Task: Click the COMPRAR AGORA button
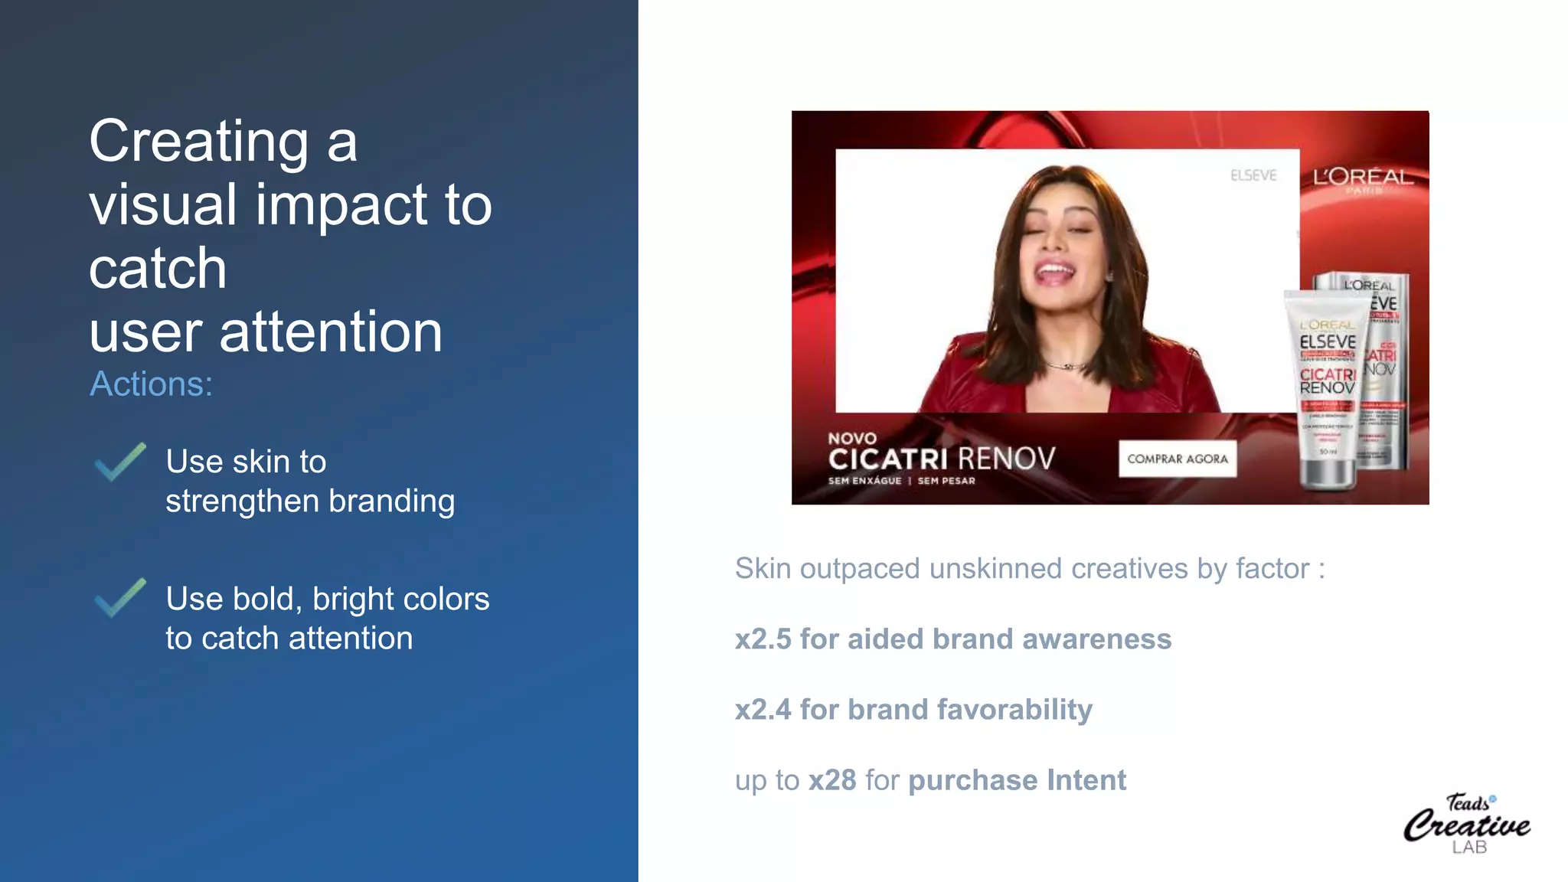click(1177, 459)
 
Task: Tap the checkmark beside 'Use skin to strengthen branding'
click(119, 462)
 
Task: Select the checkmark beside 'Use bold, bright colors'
click(119, 598)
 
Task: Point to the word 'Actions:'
click(151, 384)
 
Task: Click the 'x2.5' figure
click(763, 639)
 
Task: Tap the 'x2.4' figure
click(763, 710)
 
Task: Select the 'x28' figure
click(832, 780)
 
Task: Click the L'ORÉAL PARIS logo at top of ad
click(1363, 179)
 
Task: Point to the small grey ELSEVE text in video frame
click(1253, 175)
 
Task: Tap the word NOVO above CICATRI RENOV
click(851, 439)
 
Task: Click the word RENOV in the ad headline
click(1006, 459)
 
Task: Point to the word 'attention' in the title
click(331, 332)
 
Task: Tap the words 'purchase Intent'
click(1017, 780)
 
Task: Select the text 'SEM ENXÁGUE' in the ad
click(864, 481)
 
